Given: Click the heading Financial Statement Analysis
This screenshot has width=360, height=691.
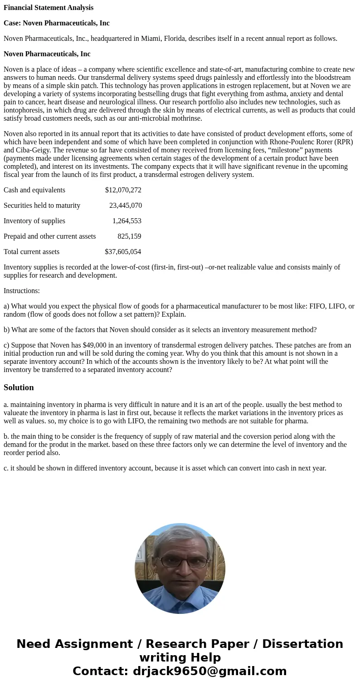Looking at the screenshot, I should tap(49, 8).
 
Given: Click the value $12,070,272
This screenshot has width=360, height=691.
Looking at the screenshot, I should tap(123, 190).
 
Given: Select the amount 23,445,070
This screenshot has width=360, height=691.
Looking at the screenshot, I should tap(125, 206).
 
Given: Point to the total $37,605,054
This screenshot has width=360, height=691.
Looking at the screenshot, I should tap(123, 252).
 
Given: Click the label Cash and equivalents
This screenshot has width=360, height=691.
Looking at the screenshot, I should tap(34, 190).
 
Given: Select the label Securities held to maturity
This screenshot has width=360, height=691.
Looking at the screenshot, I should tap(42, 206).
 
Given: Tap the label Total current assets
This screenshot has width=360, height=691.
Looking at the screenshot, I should tap(31, 252).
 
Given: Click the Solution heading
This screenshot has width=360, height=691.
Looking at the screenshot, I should tap(19, 387).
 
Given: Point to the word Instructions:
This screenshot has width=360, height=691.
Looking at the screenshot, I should tap(22, 291).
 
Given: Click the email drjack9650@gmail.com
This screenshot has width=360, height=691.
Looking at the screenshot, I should tap(209, 671).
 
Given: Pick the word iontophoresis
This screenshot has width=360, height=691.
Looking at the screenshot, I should tap(24, 110).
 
